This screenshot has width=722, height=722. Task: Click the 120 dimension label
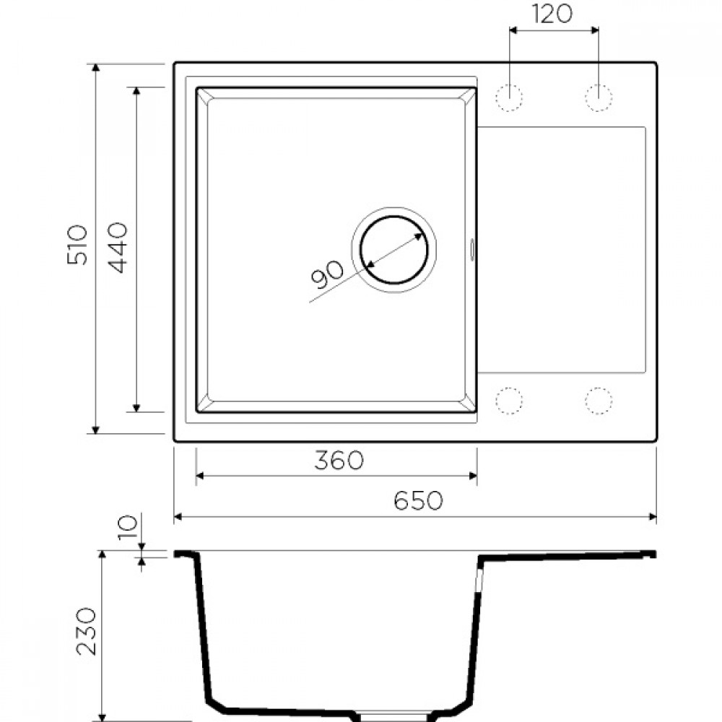tap(552, 14)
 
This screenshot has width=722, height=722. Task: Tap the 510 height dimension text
tap(77, 245)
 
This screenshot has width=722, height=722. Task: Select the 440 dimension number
tap(116, 248)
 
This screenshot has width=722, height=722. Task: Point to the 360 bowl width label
tap(339, 460)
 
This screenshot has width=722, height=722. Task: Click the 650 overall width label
tap(418, 500)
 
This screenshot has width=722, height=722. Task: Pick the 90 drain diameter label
tap(327, 275)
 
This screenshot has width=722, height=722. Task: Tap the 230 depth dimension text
tap(86, 631)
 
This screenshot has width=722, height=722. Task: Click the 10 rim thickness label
tap(127, 528)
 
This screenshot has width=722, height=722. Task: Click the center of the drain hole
tap(394, 249)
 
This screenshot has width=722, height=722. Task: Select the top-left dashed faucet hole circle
tap(509, 97)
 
